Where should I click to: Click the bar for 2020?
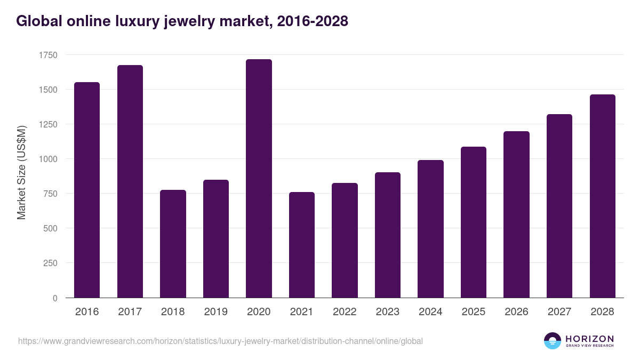tap(259, 179)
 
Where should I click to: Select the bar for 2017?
tap(130, 181)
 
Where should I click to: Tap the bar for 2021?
tap(302, 245)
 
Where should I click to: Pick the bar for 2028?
tap(603, 196)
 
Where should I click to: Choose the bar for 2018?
tap(173, 244)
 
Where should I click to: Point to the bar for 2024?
tap(430, 229)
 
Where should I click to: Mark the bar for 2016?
tap(87, 190)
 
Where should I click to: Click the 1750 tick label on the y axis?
tap(48, 55)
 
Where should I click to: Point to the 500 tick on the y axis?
tap(50, 228)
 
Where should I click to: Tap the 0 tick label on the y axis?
tap(55, 298)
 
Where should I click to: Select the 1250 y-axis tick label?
tap(48, 124)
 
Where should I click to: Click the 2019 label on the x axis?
tap(216, 312)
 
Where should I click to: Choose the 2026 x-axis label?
tap(516, 312)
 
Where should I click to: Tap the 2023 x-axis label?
tap(388, 312)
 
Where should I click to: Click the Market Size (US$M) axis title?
tap(21, 173)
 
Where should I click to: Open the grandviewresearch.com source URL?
tap(220, 341)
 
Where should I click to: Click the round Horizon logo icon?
tap(553, 341)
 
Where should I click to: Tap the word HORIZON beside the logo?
tap(589, 339)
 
